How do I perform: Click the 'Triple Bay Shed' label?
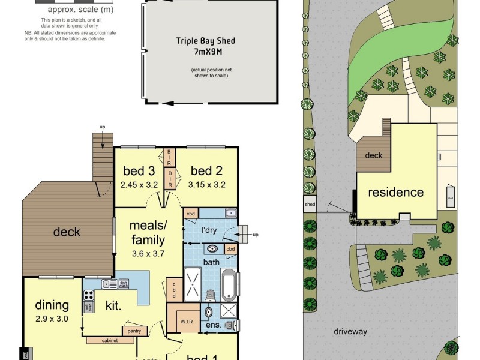(x=205, y=41)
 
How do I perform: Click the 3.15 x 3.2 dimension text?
(x=206, y=185)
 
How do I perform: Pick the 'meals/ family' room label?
(x=148, y=233)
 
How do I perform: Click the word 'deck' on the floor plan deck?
(x=67, y=232)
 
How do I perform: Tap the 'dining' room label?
(x=52, y=305)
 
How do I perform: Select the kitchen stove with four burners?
(x=88, y=295)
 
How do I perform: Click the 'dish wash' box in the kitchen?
(x=123, y=284)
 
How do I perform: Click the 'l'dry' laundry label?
(x=208, y=230)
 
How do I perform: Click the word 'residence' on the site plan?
(x=395, y=193)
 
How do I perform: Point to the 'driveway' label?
(x=351, y=331)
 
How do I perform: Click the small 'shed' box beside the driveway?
(x=310, y=203)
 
